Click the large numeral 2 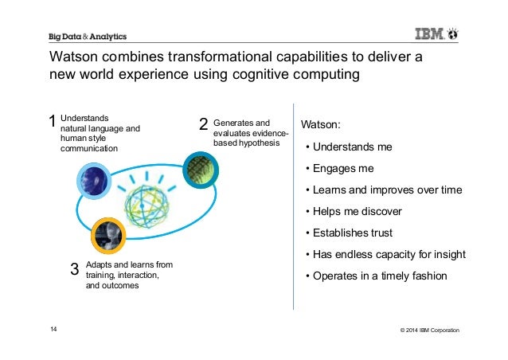[x=203, y=124]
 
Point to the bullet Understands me [x=350, y=147]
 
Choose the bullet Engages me [x=343, y=169]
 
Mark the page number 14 [x=54, y=329]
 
